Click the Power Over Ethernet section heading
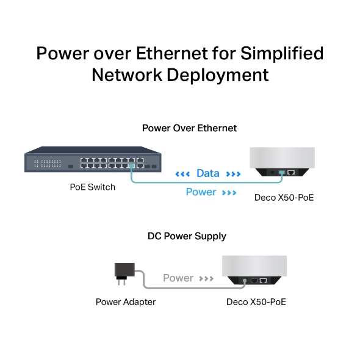(x=189, y=128)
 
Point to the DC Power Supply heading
(x=187, y=236)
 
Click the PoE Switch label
(x=92, y=187)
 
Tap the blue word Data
(x=207, y=173)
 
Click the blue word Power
(x=201, y=192)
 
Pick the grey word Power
(x=178, y=278)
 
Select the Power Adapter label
(x=126, y=302)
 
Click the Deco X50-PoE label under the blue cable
(x=284, y=198)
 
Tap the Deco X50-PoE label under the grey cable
(x=256, y=302)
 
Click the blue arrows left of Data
(x=182, y=174)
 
